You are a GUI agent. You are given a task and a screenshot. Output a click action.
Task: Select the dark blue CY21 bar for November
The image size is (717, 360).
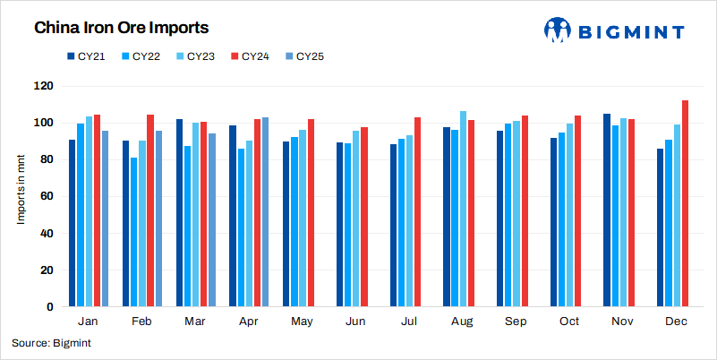coord(607,210)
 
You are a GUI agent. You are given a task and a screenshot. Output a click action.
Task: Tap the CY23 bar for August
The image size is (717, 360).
coord(463,210)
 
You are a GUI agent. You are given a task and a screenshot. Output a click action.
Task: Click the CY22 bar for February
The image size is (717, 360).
coord(134,233)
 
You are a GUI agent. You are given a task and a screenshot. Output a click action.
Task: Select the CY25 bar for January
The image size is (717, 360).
coord(105,219)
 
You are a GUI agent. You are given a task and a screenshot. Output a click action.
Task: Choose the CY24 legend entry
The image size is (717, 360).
coord(254,56)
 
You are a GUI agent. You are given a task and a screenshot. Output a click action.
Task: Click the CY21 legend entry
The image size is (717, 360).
coord(86,56)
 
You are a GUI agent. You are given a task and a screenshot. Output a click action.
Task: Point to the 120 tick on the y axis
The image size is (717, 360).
coord(44,86)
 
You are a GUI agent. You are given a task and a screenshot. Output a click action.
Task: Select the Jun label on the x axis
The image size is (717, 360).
coord(355,321)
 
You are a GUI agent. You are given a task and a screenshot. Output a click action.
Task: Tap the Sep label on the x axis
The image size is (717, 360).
coord(515,321)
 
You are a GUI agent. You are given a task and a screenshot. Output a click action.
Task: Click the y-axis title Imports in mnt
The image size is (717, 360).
coord(20,196)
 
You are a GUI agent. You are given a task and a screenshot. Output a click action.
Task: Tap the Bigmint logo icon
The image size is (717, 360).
coord(559,30)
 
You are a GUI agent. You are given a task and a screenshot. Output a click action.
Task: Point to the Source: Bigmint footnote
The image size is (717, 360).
coord(51,343)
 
